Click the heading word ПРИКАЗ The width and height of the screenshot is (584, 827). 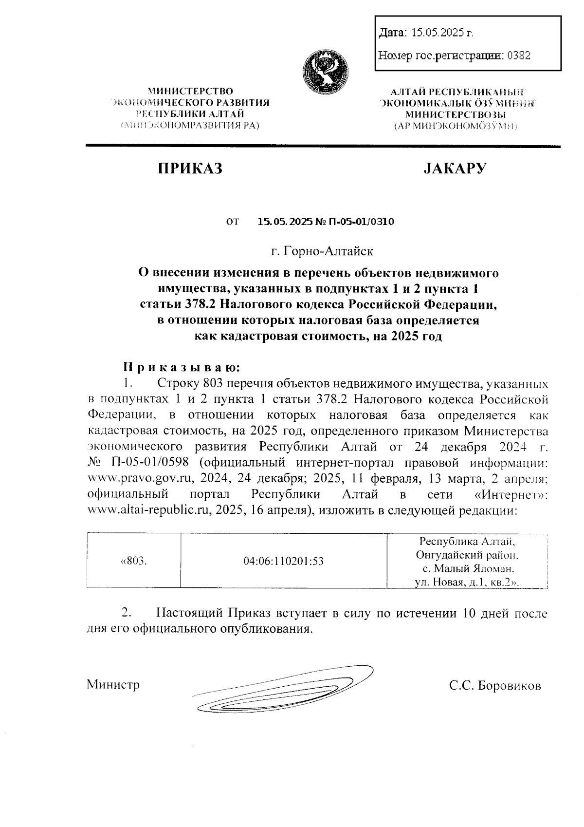(190, 169)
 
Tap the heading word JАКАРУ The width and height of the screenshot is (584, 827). (456, 169)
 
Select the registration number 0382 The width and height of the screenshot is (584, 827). (518, 56)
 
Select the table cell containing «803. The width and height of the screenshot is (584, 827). (133, 561)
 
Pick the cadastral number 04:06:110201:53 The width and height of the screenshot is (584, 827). (283, 561)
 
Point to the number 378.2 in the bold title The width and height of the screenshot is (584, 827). (200, 304)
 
